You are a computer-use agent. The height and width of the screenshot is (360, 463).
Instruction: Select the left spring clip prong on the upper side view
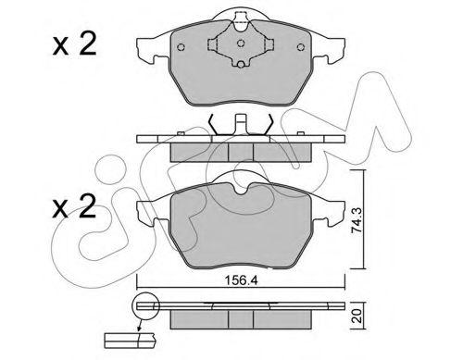click(x=215, y=123)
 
